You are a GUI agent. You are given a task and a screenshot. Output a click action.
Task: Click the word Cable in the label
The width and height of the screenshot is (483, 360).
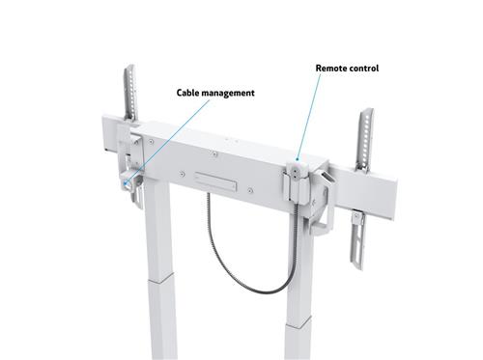(x=188, y=94)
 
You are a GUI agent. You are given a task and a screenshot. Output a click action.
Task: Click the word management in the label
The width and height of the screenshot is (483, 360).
(x=229, y=94)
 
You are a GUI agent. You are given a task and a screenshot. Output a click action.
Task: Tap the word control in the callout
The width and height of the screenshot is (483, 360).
(x=364, y=69)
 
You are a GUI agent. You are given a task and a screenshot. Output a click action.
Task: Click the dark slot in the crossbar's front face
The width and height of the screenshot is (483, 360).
(x=214, y=180)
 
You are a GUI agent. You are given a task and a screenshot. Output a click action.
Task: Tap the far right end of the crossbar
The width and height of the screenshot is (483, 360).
(x=393, y=193)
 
